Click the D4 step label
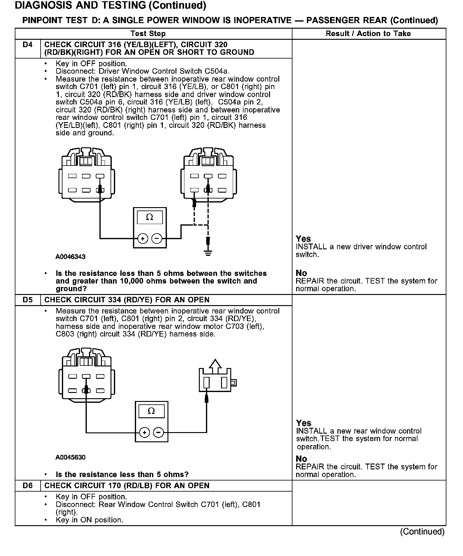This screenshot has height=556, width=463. (27, 45)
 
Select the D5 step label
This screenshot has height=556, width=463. (27, 300)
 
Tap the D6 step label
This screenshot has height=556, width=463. (27, 485)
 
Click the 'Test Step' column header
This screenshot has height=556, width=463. (148, 34)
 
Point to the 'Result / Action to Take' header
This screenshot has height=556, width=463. (368, 34)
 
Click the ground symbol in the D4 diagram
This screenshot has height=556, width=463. (208, 254)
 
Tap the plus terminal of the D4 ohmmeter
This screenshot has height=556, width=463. (143, 239)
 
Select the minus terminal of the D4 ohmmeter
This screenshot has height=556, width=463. (157, 239)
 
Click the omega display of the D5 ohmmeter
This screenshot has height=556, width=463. (151, 411)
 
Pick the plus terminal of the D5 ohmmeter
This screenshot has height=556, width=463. (144, 432)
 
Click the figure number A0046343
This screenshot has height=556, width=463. (70, 257)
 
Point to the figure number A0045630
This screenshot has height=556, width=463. (70, 457)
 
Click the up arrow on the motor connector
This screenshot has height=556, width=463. (215, 364)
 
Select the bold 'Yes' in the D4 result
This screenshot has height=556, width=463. (303, 239)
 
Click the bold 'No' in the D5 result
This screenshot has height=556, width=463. (301, 459)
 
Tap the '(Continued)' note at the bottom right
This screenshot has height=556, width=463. (422, 532)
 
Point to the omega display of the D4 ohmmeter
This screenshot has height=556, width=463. (150, 217)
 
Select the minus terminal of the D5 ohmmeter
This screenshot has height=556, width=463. (159, 432)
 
